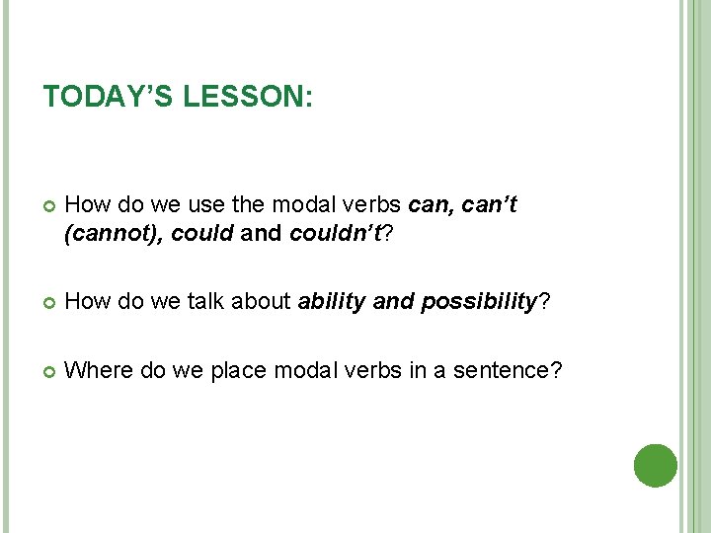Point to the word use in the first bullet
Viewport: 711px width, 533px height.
point(205,206)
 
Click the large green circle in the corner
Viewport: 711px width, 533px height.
point(656,465)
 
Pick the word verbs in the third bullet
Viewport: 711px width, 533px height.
point(359,370)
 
